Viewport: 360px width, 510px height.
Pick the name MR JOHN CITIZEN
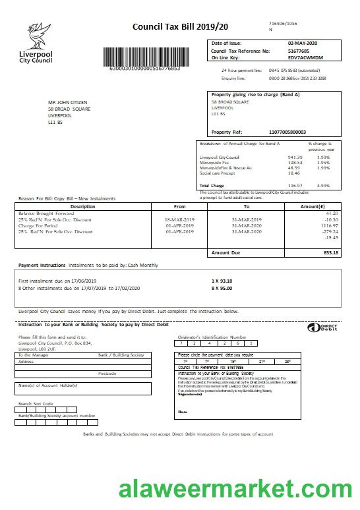click(x=69, y=102)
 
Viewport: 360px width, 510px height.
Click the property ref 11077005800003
click(x=287, y=132)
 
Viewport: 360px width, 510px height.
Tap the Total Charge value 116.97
click(x=295, y=186)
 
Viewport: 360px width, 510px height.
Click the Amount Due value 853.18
click(x=330, y=252)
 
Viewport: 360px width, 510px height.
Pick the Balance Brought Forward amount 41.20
click(x=332, y=213)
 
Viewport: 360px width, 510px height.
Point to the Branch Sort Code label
click(x=36, y=403)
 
